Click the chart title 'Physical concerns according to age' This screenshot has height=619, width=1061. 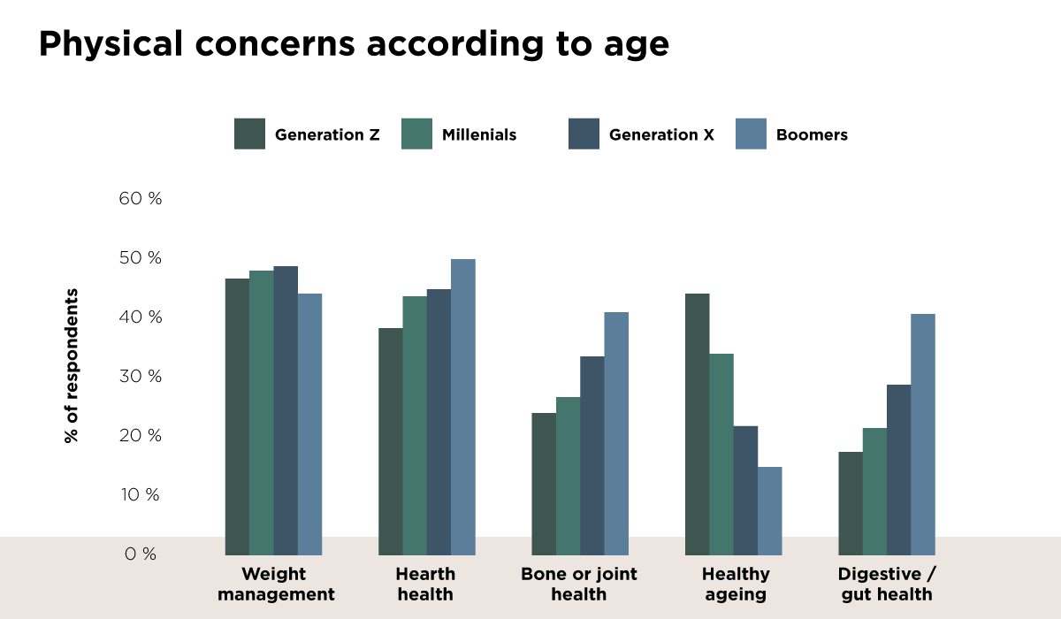[354, 44]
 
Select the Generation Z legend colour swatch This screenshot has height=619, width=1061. [249, 134]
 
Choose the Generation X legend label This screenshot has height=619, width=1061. [661, 135]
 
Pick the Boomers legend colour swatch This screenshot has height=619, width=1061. [751, 134]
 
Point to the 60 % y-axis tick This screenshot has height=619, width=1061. [141, 199]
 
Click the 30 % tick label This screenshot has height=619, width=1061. [141, 377]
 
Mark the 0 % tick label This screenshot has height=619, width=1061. [141, 554]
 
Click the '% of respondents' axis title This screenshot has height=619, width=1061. [72, 365]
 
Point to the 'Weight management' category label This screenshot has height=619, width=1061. [276, 584]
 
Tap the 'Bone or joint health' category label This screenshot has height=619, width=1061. [579, 584]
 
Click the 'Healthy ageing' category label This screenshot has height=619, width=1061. [737, 584]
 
